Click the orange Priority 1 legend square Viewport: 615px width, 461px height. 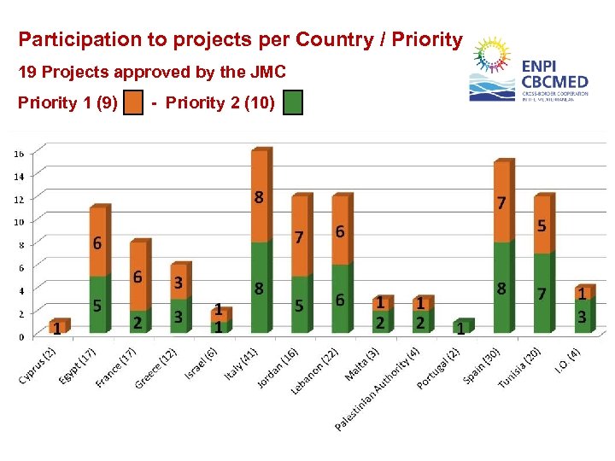(132, 104)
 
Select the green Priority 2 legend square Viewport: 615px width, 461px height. (293, 104)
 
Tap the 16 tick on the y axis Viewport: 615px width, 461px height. (18, 154)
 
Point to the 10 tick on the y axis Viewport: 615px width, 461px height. (18, 222)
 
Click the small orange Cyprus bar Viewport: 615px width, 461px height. (58, 326)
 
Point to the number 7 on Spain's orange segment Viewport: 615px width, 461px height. (501, 203)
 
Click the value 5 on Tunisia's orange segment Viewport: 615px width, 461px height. (542, 225)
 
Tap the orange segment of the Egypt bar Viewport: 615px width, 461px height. (100, 242)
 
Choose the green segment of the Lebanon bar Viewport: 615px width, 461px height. (340, 299)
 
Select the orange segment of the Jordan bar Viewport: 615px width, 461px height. (300, 236)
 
